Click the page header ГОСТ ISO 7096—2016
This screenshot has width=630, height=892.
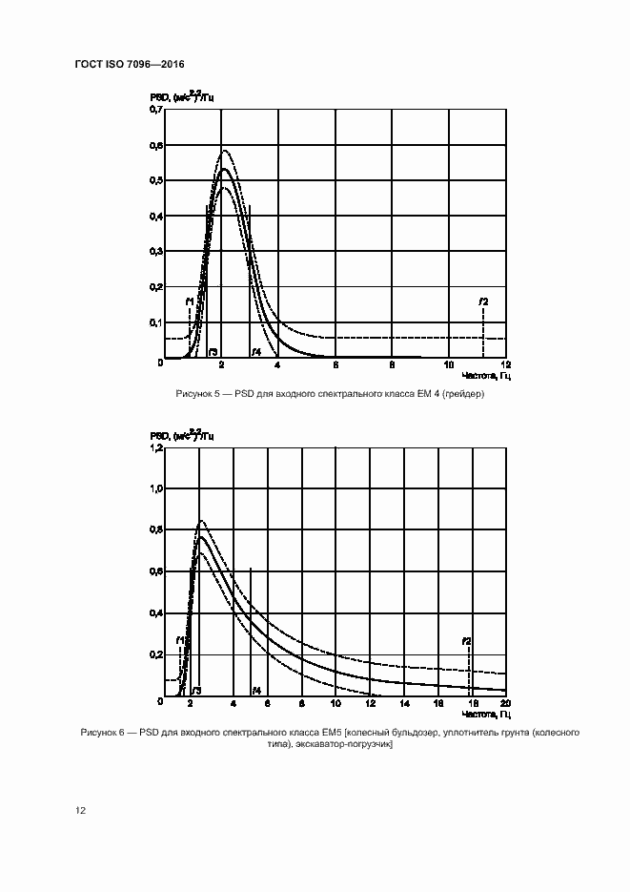point(129,64)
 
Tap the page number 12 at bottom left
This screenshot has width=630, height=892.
point(81,810)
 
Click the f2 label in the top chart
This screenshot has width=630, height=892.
point(483,301)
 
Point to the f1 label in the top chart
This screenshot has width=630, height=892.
point(190,301)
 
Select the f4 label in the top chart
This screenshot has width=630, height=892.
point(256,352)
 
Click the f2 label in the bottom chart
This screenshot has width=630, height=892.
point(466,641)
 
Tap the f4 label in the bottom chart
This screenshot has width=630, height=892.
point(256,690)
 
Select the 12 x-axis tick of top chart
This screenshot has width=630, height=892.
point(505,365)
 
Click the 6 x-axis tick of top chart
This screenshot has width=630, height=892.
point(335,365)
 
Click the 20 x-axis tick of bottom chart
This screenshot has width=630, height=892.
point(504,703)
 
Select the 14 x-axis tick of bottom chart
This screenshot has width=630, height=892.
point(403,703)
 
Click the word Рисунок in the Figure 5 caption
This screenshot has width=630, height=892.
point(194,394)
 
